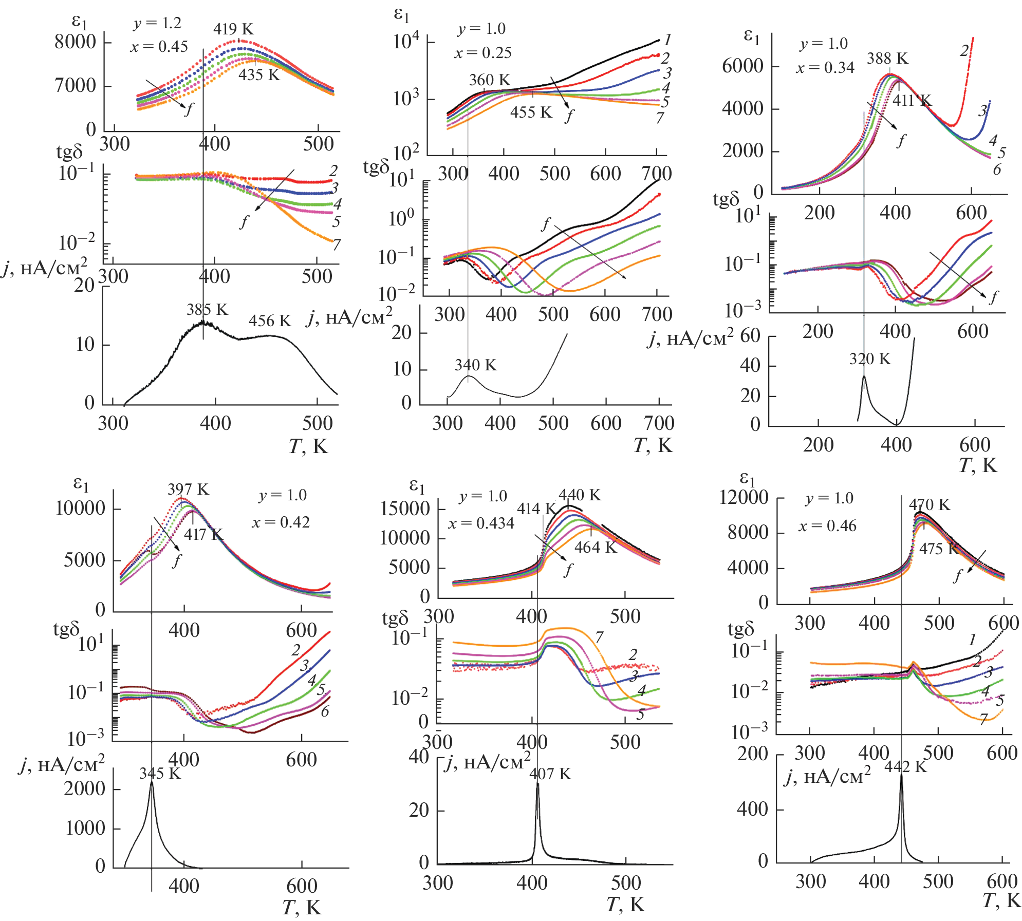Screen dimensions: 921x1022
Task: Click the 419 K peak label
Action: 233,29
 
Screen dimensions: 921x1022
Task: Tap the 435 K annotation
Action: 259,75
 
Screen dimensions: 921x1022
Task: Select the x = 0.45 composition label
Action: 159,47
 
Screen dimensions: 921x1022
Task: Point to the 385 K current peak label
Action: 207,310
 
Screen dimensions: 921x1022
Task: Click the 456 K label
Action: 270,321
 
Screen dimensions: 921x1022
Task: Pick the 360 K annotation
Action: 490,80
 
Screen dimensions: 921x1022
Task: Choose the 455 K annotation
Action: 531,112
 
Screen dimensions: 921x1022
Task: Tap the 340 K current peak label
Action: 475,365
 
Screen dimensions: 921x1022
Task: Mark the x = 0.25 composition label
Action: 482,53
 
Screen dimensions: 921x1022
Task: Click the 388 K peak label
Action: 887,59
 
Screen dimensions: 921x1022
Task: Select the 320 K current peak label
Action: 870,359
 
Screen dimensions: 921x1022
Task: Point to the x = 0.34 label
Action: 825,68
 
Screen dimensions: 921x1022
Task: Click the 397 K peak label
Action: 188,490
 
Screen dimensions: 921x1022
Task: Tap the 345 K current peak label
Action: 160,774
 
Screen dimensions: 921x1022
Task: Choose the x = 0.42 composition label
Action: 281,522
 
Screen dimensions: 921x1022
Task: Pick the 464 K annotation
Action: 595,548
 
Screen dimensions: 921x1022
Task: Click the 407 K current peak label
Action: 550,774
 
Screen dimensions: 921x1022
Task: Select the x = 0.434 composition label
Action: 481,523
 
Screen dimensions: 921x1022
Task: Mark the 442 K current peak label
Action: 905,767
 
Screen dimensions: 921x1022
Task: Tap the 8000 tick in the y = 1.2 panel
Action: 75,42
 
